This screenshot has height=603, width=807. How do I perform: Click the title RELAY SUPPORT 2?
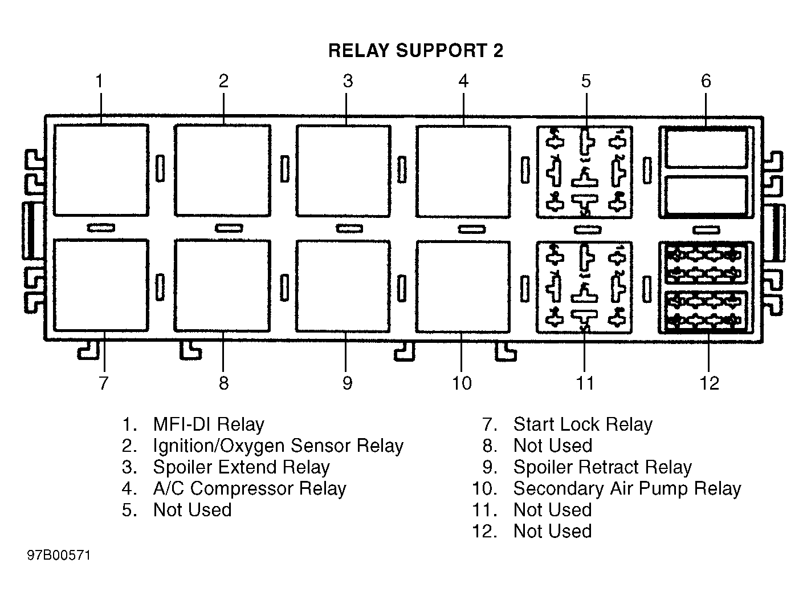[415, 50]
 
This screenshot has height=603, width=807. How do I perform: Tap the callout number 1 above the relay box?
[99, 81]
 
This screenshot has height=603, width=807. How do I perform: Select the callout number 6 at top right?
[706, 81]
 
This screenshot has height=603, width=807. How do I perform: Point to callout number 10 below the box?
[462, 383]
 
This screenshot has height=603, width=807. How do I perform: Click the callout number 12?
[709, 383]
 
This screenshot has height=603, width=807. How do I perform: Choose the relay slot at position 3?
[344, 171]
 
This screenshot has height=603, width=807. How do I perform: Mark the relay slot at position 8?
[222, 286]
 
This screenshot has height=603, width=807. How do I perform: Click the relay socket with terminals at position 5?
[585, 172]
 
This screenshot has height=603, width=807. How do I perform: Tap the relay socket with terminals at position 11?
[584, 288]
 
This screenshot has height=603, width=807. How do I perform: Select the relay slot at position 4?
[463, 172]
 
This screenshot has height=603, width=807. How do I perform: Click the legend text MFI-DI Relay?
[209, 424]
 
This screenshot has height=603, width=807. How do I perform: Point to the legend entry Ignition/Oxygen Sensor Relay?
[278, 446]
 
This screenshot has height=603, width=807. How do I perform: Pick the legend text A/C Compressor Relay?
[250, 488]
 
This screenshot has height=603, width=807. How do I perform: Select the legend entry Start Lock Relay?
[582, 424]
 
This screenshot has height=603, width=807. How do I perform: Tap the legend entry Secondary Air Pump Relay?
[627, 488]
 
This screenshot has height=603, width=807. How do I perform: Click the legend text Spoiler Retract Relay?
[602, 467]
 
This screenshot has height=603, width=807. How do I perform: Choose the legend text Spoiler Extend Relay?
[241, 467]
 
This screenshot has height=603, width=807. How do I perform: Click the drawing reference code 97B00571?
[59, 555]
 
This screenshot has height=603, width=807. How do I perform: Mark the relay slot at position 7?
[101, 285]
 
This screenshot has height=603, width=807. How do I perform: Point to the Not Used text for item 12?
[552, 531]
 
